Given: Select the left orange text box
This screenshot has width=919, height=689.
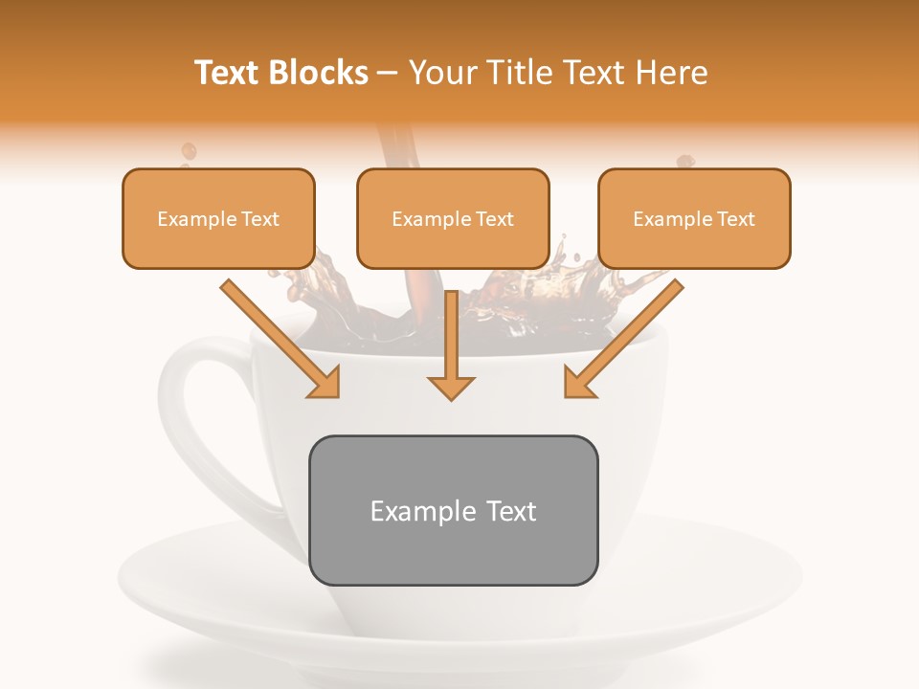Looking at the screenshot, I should [x=218, y=219].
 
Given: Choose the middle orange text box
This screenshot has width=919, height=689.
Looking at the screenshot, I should [x=453, y=219].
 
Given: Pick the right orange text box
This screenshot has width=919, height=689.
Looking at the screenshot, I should [x=694, y=219].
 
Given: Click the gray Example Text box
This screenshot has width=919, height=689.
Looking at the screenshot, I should [x=453, y=510].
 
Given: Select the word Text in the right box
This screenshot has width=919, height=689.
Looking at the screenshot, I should [x=735, y=219].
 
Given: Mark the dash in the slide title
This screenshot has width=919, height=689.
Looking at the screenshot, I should [x=389, y=74].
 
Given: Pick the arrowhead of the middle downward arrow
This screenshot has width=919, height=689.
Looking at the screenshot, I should [x=451, y=387].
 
